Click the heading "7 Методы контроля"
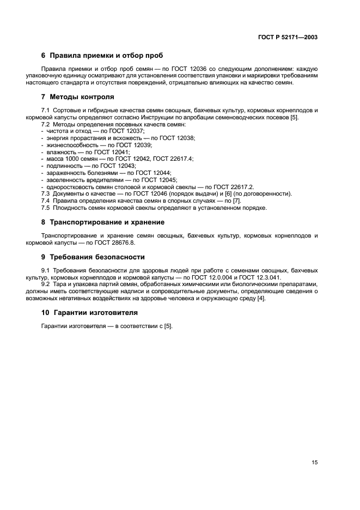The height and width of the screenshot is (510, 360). point(78,97)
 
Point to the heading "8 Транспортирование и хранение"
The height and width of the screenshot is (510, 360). point(103,222)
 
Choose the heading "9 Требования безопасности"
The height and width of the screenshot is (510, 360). point(93,257)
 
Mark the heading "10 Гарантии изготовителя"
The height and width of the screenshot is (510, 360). point(89,313)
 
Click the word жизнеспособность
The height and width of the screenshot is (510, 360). point(68,145)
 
